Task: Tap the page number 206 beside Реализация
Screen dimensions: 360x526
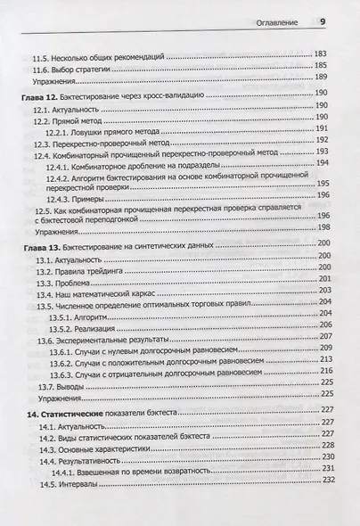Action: click(x=323, y=327)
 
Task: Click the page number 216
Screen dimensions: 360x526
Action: click(x=323, y=371)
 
